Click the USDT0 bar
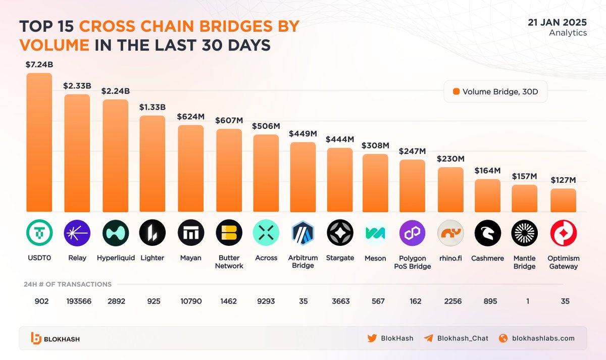[39, 142]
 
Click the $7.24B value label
[39, 64]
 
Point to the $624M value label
[190, 117]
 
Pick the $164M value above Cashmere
[488, 171]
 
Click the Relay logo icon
[77, 233]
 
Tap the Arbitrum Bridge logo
[303, 233]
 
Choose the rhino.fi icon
[450, 233]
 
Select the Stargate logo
[340, 233]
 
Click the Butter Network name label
[229, 262]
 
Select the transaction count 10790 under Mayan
[190, 301]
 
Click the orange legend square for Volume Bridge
[457, 92]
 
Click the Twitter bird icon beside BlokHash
[372, 338]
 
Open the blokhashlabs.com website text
[543, 338]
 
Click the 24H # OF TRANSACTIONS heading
[68, 284]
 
